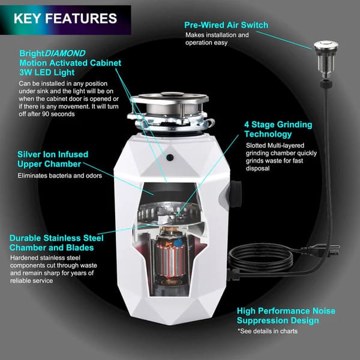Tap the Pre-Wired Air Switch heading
tap(226, 25)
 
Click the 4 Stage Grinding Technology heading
tap(278, 130)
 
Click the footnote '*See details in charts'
tap(268, 331)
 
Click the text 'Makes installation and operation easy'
tap(217, 39)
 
